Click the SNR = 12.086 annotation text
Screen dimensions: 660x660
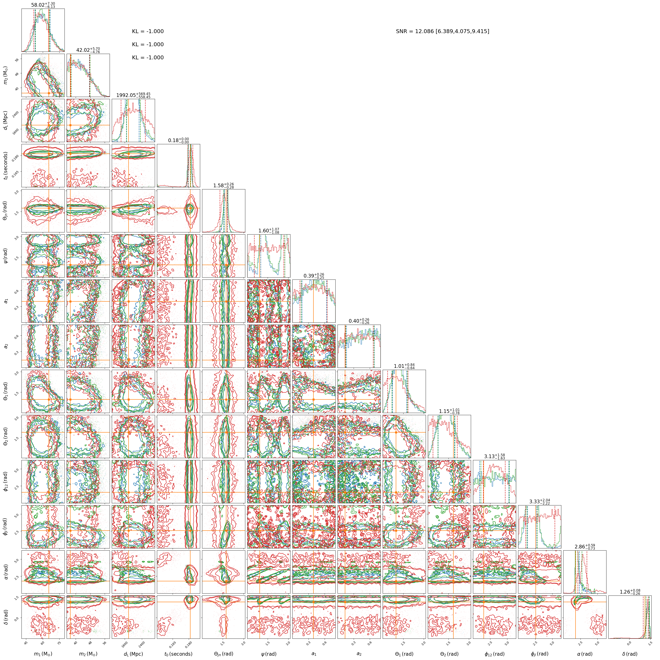pyautogui.click(x=442, y=31)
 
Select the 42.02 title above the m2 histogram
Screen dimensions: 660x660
pyautogui.click(x=88, y=50)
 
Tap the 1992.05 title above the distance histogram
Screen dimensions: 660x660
pyautogui.click(x=133, y=95)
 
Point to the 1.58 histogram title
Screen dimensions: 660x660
pyautogui.click(x=223, y=185)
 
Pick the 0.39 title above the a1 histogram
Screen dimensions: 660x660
pyautogui.click(x=314, y=276)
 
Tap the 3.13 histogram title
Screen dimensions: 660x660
pyautogui.click(x=494, y=456)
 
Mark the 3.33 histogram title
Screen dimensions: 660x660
pyautogui.click(x=539, y=501)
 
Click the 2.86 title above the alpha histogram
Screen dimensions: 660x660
pyautogui.click(x=585, y=546)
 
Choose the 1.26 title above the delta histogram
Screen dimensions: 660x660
pyautogui.click(x=630, y=591)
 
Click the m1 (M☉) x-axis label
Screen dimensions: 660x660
pyautogui.click(x=43, y=654)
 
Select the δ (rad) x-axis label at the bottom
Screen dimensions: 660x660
pyautogui.click(x=630, y=654)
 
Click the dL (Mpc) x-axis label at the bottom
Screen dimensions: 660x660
pyautogui.click(x=133, y=654)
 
